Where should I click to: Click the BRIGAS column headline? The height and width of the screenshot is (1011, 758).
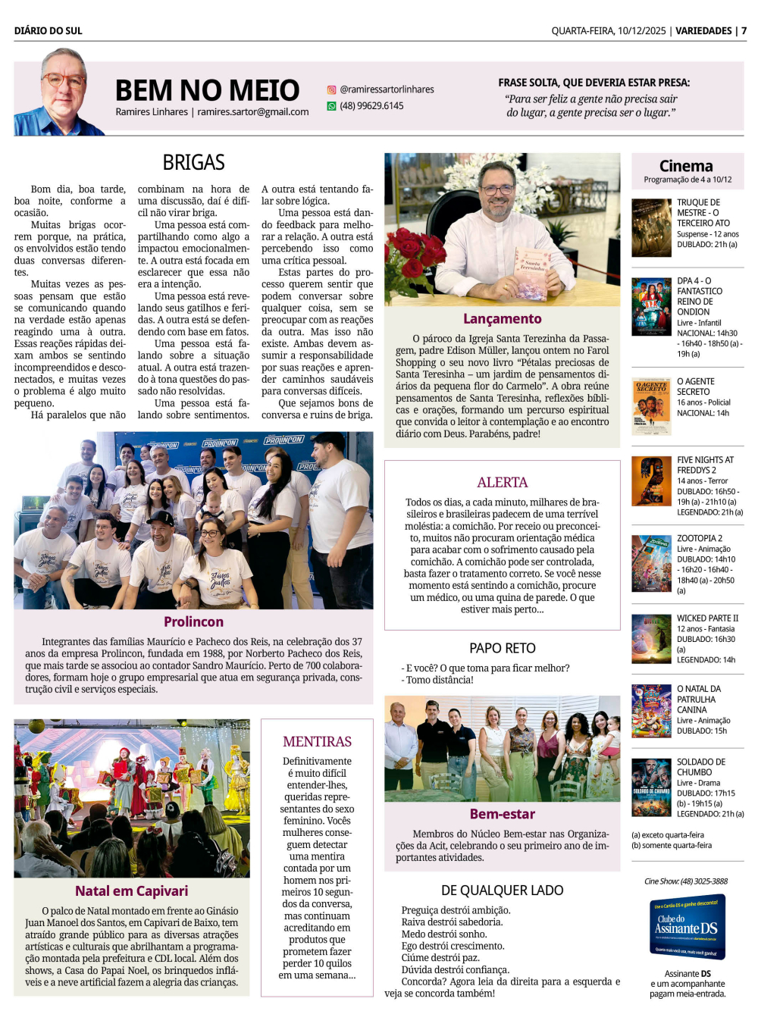193,162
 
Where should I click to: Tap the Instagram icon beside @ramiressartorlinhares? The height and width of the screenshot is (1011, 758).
331,89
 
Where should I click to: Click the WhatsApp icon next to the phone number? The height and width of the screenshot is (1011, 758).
331,106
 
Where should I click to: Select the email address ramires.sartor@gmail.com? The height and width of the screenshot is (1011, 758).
253,112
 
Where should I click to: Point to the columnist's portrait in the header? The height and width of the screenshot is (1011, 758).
61,92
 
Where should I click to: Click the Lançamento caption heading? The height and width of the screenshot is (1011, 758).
502,319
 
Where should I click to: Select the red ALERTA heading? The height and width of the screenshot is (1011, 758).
502,482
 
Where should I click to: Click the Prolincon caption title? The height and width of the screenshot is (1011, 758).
193,621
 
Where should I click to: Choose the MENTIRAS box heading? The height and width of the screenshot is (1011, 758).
317,741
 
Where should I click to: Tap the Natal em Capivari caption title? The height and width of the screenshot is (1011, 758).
131,891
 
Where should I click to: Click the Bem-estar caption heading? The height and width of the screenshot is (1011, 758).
502,814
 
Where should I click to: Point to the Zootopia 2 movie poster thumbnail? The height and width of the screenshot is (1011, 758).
651,563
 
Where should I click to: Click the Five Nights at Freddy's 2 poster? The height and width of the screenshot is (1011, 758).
651,481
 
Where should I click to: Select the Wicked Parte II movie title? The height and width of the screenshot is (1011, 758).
707,618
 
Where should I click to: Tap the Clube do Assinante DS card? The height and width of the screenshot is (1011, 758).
688,926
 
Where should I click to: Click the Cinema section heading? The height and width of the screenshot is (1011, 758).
686,166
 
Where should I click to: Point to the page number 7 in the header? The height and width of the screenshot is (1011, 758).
744,31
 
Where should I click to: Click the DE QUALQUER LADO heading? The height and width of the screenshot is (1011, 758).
502,890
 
